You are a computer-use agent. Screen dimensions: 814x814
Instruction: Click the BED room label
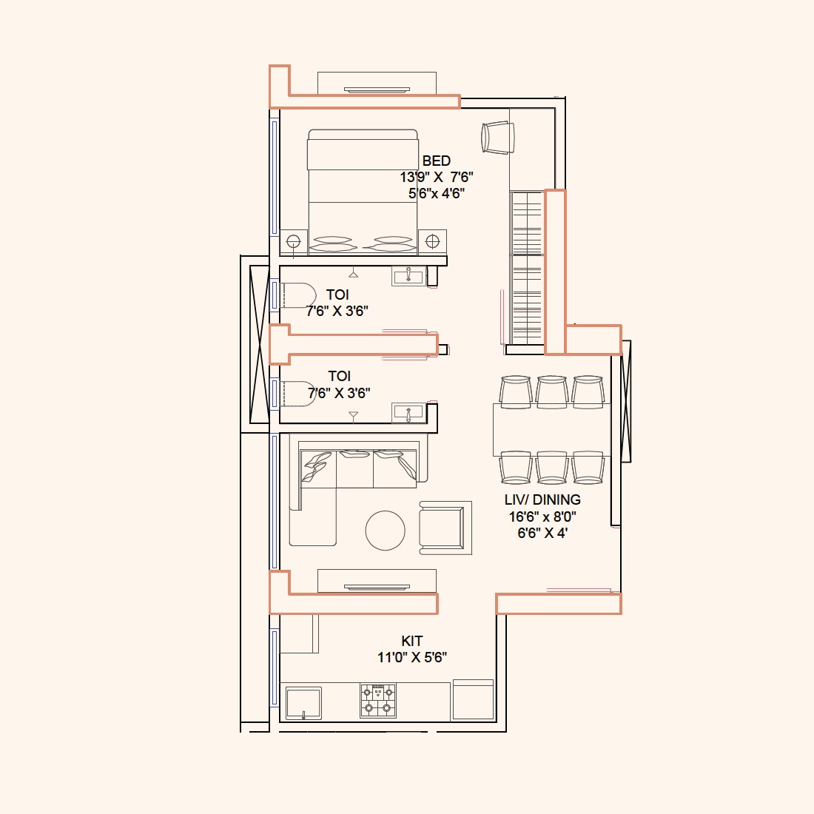click(436, 161)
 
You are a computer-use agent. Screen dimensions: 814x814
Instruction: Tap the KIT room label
click(412, 641)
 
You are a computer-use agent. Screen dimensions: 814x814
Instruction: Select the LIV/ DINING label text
click(542, 500)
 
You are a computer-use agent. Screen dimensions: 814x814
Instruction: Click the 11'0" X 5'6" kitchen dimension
click(412, 658)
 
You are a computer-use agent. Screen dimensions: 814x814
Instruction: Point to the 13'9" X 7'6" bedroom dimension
click(437, 177)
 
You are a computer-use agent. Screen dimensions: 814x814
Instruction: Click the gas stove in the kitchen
click(378, 700)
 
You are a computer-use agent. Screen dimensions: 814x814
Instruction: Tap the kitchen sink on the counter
click(303, 703)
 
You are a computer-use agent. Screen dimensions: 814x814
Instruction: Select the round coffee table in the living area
click(386, 530)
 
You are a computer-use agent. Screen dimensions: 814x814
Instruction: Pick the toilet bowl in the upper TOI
click(297, 295)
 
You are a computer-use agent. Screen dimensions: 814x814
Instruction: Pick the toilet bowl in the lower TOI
click(297, 394)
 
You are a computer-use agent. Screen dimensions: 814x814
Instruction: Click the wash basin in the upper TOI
click(409, 276)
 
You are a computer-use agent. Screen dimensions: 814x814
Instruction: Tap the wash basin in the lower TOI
click(409, 413)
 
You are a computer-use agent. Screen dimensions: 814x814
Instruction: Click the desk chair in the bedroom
click(498, 138)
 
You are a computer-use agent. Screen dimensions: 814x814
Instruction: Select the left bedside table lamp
click(293, 241)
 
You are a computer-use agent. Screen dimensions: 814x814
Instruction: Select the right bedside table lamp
click(432, 241)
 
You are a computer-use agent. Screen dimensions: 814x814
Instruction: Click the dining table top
click(551, 430)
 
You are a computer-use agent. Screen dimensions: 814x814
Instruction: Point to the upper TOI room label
click(337, 295)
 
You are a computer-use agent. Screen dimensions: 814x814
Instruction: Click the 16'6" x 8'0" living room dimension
click(542, 517)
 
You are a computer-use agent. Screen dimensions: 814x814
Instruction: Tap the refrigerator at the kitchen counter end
click(473, 699)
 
